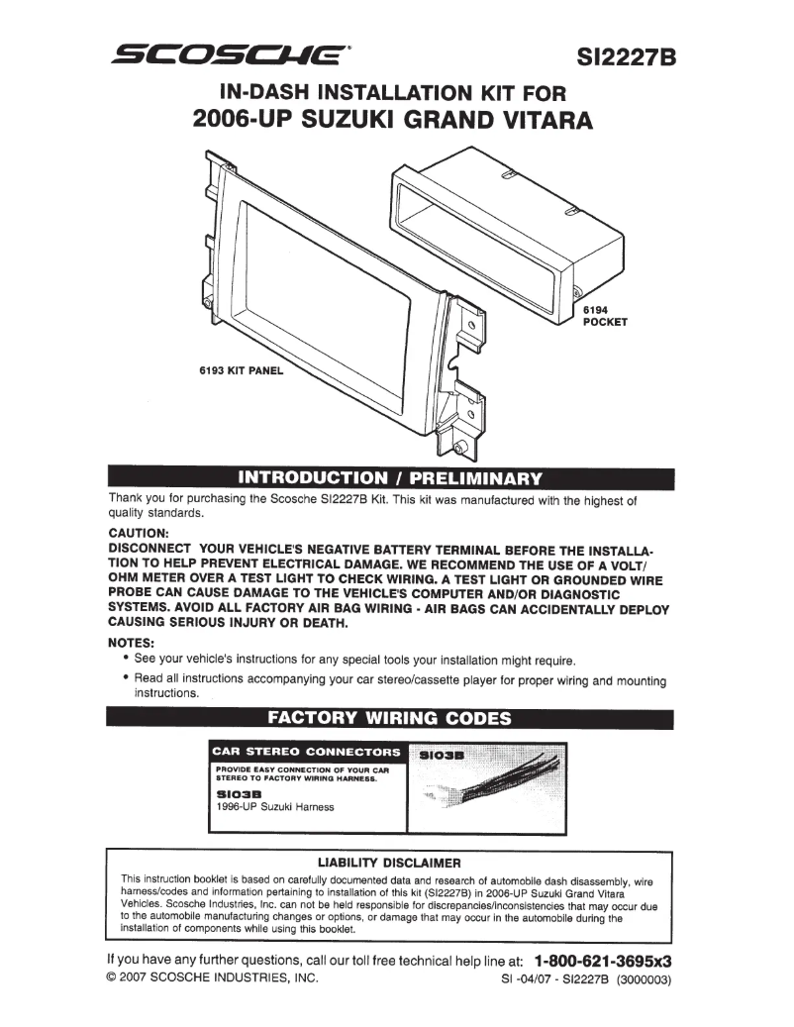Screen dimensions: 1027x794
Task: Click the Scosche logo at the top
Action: coord(231,55)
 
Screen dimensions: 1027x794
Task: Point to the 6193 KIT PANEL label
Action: coord(241,372)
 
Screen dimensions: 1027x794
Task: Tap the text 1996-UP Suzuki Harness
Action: coord(274,807)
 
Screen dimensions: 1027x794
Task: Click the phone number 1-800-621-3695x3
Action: coord(603,961)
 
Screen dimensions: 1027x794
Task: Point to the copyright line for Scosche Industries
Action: coord(213,979)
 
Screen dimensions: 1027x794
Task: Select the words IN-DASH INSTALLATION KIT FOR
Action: coord(393,94)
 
